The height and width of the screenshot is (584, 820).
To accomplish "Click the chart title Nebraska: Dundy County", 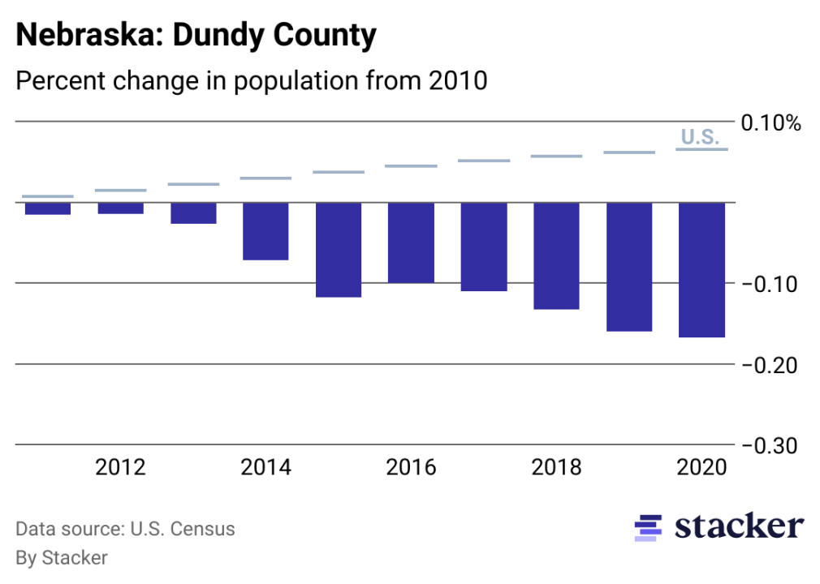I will [x=196, y=36].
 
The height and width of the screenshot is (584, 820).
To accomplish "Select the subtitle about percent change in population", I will [x=251, y=81].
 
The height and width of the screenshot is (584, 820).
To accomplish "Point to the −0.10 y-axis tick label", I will [x=770, y=284].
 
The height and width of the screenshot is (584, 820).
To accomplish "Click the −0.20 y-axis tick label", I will [x=770, y=365].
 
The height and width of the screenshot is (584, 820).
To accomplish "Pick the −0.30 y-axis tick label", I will [x=770, y=445].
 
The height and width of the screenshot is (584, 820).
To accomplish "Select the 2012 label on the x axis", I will [x=120, y=468].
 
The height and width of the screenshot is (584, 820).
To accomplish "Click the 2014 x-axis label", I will [x=265, y=468].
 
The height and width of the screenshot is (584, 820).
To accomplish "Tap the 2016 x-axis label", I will [x=411, y=468].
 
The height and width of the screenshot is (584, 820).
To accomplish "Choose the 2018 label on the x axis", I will [x=556, y=468].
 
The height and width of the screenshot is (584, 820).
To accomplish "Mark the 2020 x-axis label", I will [x=701, y=468].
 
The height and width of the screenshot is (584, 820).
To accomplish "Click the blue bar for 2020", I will [x=701, y=269].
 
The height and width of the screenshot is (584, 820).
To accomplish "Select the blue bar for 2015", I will [x=339, y=250].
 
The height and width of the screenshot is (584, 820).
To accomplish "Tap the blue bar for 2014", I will [x=265, y=231].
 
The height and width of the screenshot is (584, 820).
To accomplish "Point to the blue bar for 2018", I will [x=556, y=255].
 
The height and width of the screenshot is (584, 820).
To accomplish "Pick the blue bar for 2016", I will [x=411, y=243].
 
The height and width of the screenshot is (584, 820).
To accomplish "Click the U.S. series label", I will [x=700, y=137].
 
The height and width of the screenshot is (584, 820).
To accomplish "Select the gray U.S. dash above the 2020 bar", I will [x=701, y=149].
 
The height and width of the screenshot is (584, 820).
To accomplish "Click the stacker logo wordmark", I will [x=739, y=526].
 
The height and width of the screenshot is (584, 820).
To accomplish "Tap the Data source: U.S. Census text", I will [x=125, y=530].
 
